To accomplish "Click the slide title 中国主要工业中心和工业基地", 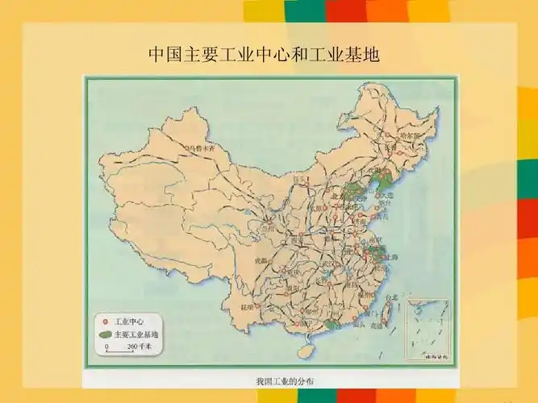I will (x=264, y=55).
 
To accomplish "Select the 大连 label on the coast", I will (x=387, y=196).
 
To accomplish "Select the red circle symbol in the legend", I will (x=104, y=320).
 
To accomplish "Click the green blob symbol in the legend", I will (x=104, y=334).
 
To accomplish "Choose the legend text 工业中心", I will (x=130, y=320).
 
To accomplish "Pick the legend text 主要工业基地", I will (x=136, y=334).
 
